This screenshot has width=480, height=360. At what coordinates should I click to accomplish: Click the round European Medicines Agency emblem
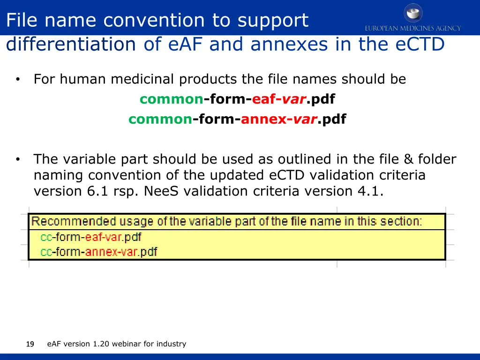pyautogui.click(x=413, y=13)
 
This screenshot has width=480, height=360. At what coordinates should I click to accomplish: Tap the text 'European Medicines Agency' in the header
pyautogui.click(x=413, y=29)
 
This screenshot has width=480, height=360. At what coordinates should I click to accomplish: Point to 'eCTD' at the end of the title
pyautogui.click(x=420, y=45)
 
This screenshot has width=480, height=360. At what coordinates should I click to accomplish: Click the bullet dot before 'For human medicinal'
pyautogui.click(x=17, y=80)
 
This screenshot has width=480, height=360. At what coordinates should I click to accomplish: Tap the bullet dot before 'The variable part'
pyautogui.click(x=17, y=160)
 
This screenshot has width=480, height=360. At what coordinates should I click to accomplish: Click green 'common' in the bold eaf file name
pyautogui.click(x=172, y=99)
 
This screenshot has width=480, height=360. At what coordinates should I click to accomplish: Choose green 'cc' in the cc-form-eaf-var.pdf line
pyautogui.click(x=46, y=237)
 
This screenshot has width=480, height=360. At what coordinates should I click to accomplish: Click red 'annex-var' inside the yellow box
pyautogui.click(x=111, y=252)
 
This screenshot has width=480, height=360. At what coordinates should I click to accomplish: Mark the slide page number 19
pyautogui.click(x=30, y=345)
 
